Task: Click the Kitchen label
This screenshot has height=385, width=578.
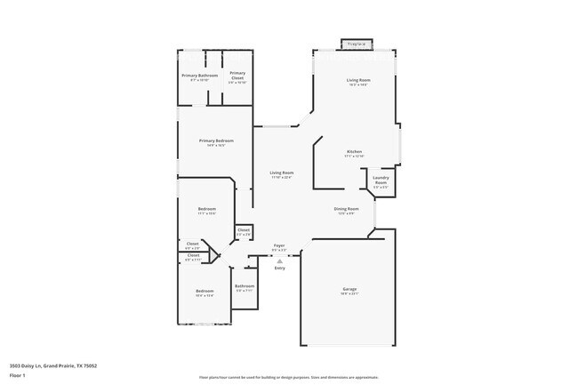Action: [354, 152]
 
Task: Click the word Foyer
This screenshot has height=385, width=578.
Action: [279, 245]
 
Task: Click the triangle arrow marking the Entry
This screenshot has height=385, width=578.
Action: [279, 261]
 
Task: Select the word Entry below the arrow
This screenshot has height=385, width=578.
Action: [279, 268]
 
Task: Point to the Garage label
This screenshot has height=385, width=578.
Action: [349, 290]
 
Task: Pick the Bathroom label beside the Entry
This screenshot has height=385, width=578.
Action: [245, 286]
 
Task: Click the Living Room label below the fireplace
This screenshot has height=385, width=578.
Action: [357, 80]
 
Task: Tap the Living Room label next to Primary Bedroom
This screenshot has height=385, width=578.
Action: [282, 172]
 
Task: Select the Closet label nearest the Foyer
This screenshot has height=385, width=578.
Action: [244, 229]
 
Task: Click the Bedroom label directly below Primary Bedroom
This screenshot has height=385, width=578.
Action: [206, 209]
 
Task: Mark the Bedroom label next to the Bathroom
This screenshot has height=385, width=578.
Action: [205, 291]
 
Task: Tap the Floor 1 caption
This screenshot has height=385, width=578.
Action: [19, 375]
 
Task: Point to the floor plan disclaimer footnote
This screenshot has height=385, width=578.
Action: [288, 376]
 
